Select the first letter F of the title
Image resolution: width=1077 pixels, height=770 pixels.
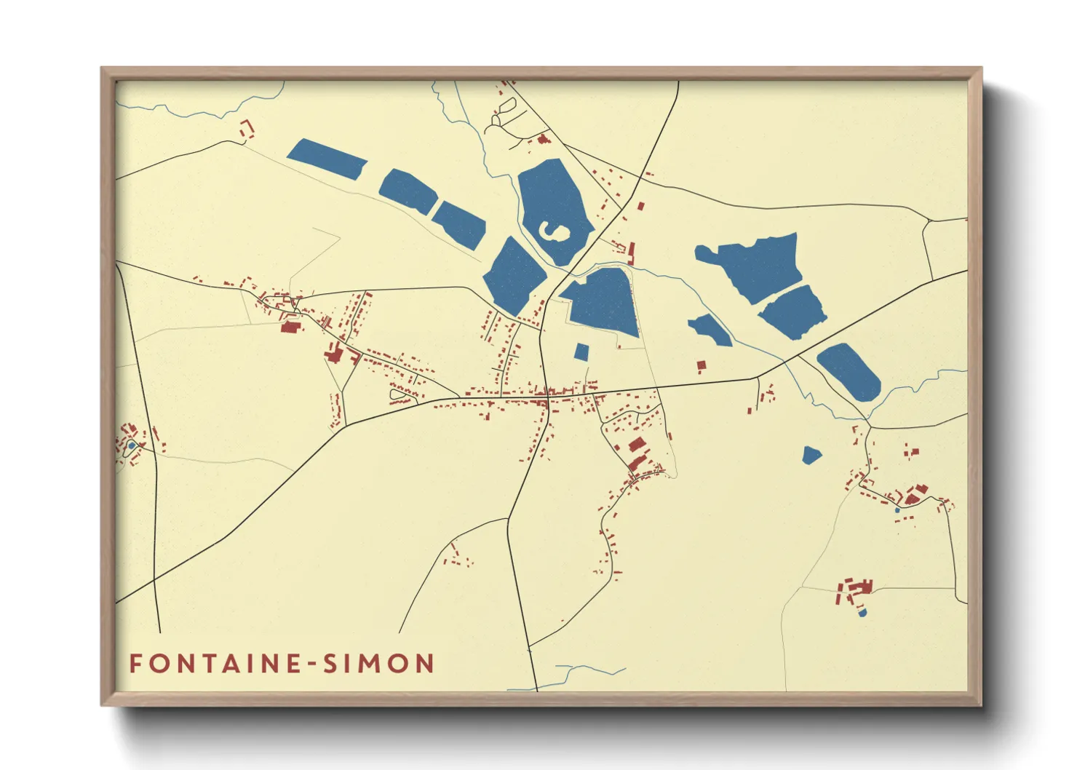135,664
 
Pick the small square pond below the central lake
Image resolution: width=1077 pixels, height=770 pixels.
581,352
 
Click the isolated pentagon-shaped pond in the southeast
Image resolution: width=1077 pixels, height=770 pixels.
811,456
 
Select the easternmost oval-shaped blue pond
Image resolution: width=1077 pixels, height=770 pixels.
849,371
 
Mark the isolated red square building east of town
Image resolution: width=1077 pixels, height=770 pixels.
702,365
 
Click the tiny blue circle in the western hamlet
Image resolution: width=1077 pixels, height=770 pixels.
132,445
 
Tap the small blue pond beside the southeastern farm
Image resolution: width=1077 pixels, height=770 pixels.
863,613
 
